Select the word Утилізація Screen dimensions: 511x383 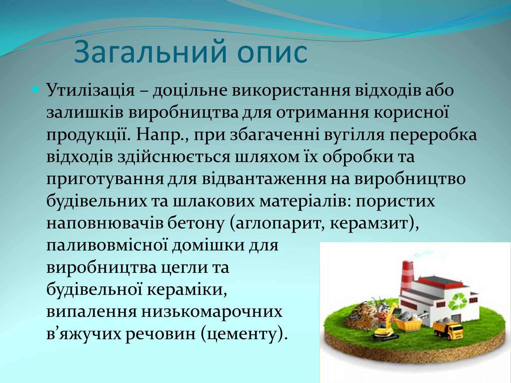coord(91,90)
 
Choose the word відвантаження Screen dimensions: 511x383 coord(264,179)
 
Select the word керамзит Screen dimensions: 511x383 coord(370,223)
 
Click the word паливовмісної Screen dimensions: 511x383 coord(107,245)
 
